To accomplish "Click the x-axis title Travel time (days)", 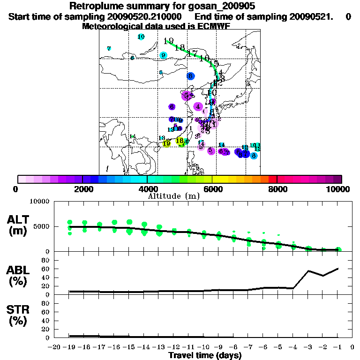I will tap(205, 355).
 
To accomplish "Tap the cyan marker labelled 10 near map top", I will tap(141, 37).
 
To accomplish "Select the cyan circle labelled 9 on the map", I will tap(164, 55).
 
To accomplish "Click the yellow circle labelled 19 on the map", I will tap(167, 143).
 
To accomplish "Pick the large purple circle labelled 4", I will tap(198, 107).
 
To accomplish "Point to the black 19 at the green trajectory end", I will tap(170, 41).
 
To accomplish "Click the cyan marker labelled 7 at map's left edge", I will tap(109, 49).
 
